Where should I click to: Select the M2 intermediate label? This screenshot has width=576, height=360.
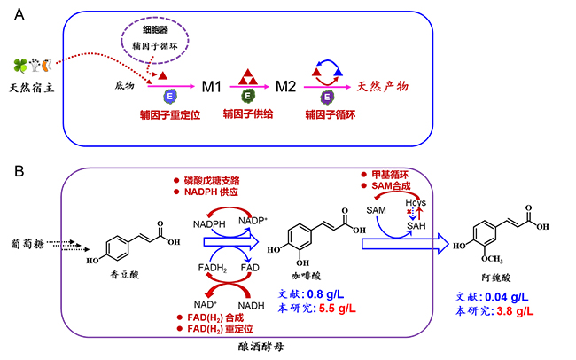click(x=285, y=89)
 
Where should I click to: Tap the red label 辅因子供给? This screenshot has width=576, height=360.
click(x=249, y=115)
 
